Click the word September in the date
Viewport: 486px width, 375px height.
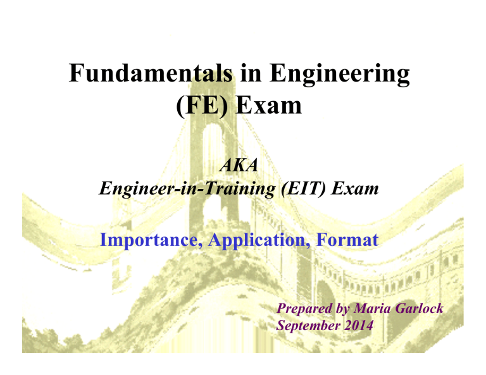pyautogui.click(x=309, y=326)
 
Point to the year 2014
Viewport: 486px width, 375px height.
pyautogui.click(x=358, y=326)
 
